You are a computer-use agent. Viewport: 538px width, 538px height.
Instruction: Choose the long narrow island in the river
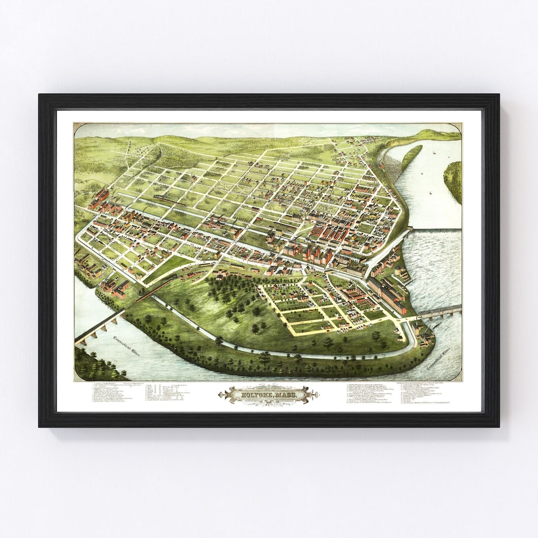[410, 156]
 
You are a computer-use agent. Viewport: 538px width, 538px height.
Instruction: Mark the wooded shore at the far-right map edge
[453, 179]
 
